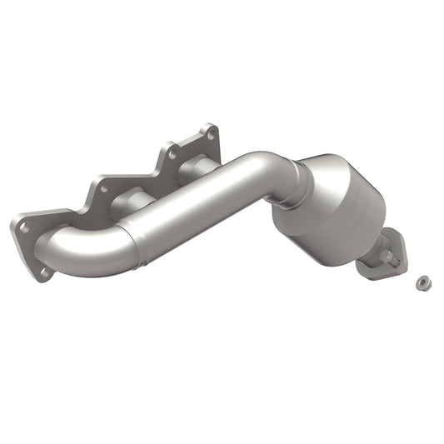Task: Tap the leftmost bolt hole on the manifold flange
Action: point(24,226)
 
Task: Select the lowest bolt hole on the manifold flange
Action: point(43,271)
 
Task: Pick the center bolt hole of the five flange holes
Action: point(103,188)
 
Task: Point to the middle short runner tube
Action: point(133,201)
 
